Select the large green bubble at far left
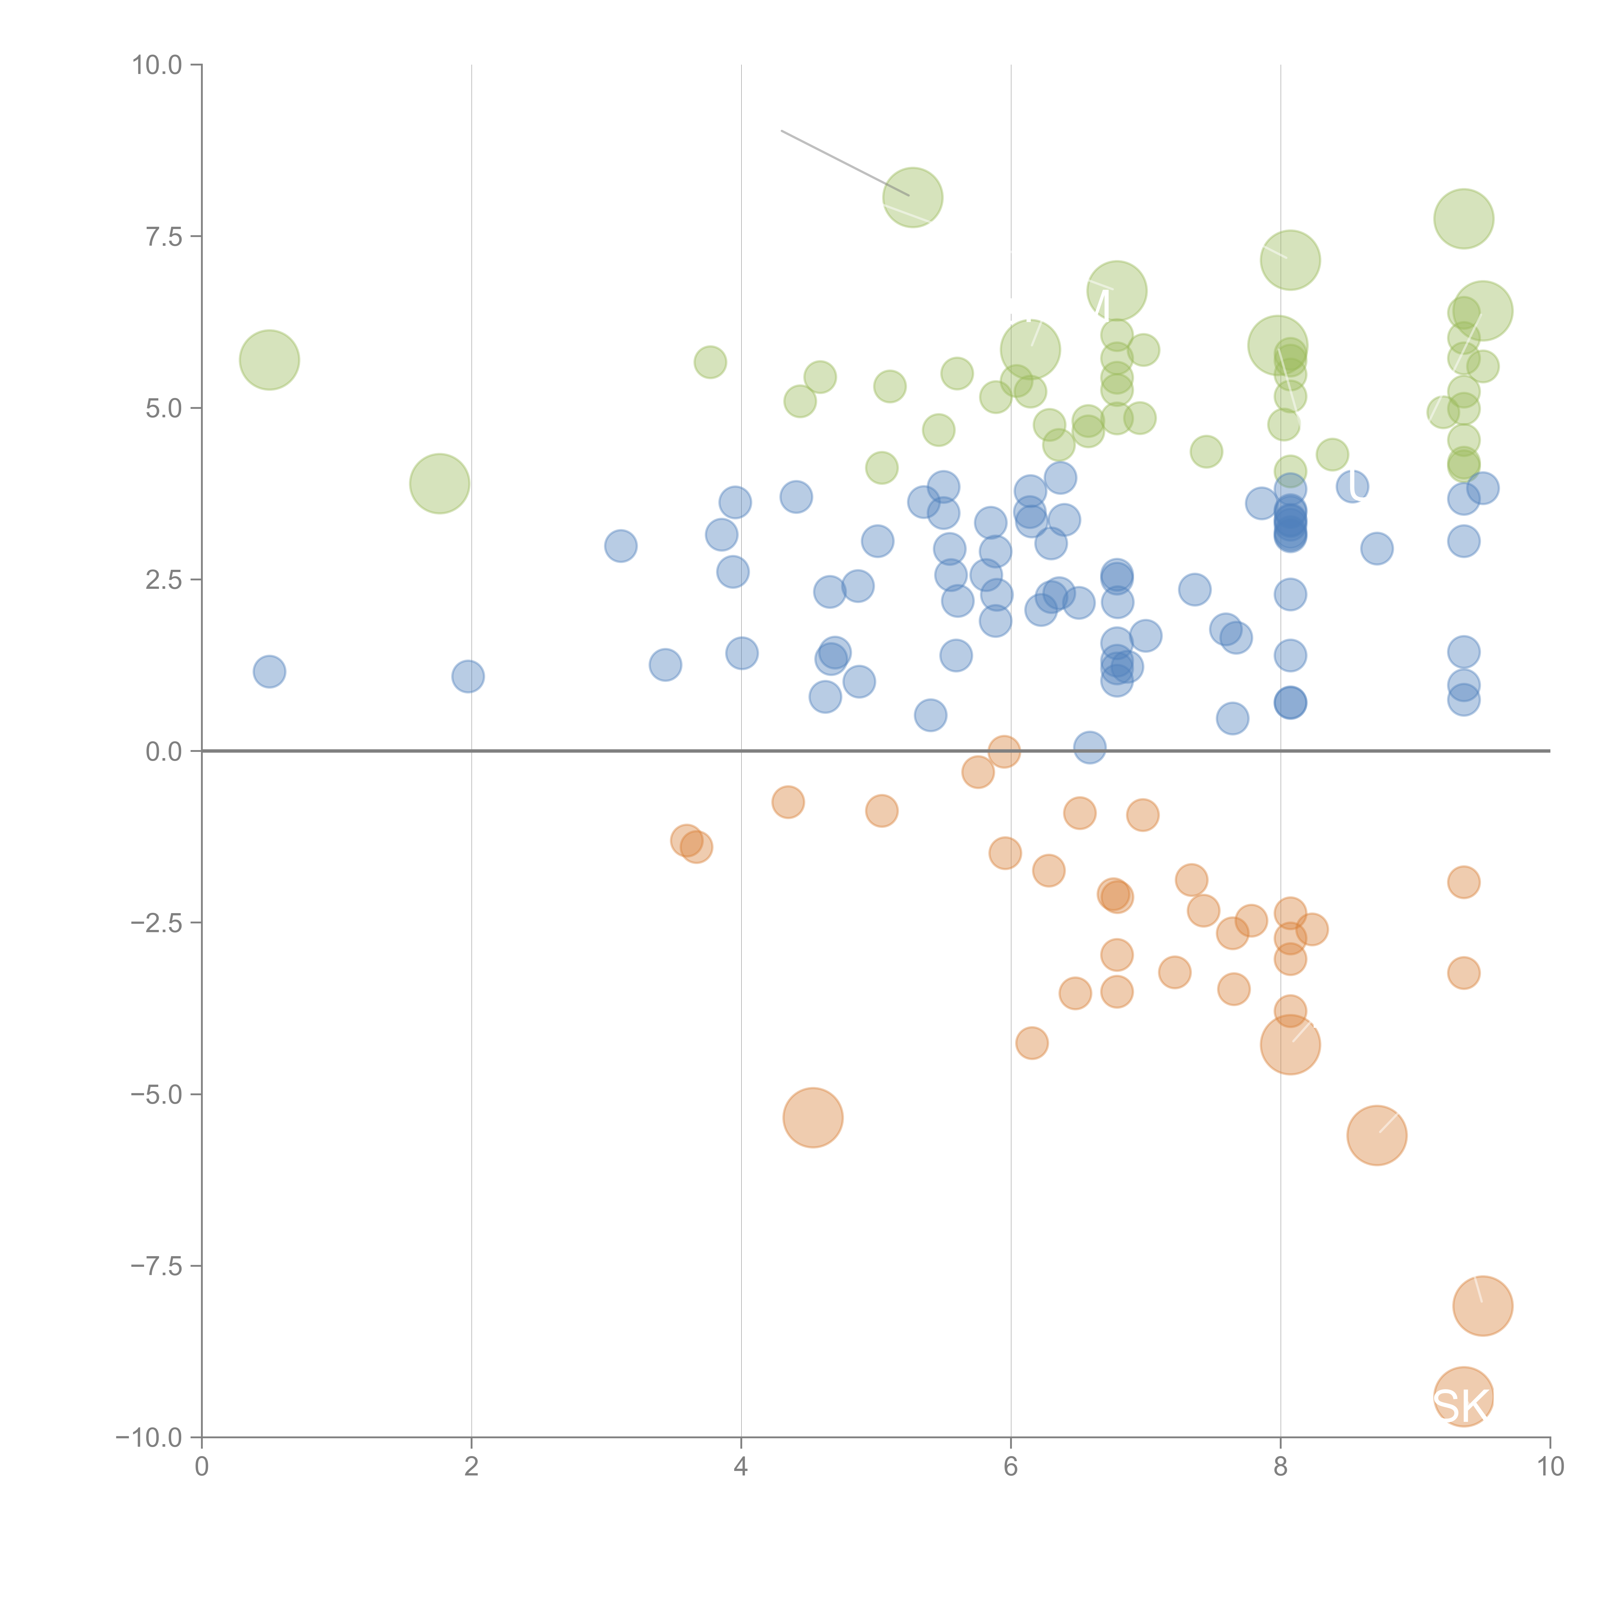(269, 359)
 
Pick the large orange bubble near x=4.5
(813, 1118)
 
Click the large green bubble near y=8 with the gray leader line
(913, 197)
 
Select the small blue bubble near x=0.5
(269, 671)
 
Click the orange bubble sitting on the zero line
(1004, 752)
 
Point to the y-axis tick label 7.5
(163, 236)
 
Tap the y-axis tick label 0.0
(163, 752)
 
